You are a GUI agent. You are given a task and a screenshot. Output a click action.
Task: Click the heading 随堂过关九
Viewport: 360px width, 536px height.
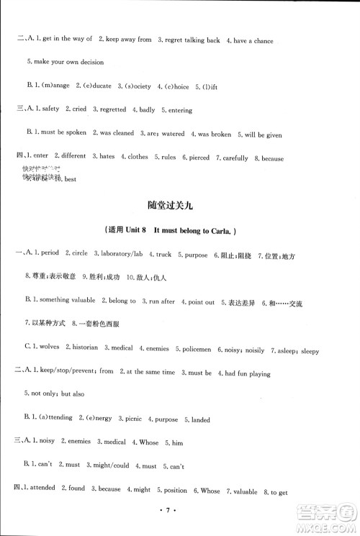click(180, 206)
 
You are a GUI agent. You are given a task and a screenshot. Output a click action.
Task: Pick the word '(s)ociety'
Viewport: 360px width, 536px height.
click(137, 86)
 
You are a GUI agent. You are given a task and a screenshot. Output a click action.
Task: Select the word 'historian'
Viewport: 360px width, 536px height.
click(86, 348)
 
